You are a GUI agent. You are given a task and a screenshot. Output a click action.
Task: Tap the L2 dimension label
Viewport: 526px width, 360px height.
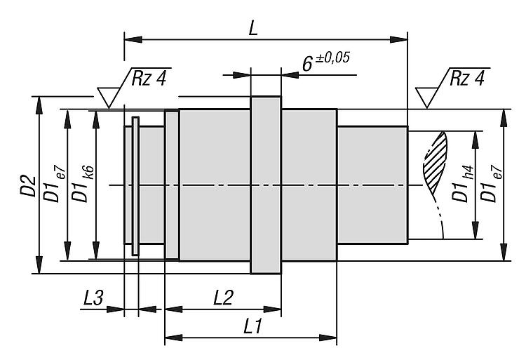coord(223,297)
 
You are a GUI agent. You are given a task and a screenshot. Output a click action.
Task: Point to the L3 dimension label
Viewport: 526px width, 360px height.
coord(93,297)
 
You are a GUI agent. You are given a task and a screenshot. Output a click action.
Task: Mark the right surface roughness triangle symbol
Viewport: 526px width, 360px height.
coord(426,97)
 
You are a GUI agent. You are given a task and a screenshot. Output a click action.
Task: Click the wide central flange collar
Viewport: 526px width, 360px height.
coord(266,185)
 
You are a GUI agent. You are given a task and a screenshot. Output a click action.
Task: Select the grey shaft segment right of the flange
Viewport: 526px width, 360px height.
coord(309,185)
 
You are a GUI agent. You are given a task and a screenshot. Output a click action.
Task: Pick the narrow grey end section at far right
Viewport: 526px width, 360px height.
coord(372,185)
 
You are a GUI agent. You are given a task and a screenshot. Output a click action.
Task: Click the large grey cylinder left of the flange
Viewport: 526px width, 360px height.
coord(215,185)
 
